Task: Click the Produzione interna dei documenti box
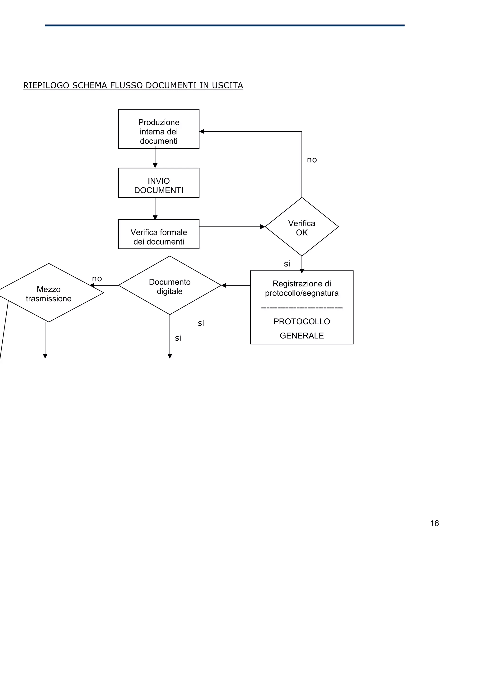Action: click(159, 129)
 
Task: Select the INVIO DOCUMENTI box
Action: click(159, 183)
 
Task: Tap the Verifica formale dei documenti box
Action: click(159, 234)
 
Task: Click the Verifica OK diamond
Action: click(301, 227)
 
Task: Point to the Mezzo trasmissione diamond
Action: click(49, 293)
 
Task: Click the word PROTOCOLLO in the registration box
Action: click(301, 321)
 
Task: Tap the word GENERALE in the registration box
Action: click(301, 335)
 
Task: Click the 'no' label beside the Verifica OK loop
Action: click(312, 160)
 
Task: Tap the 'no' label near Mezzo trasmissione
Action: click(97, 278)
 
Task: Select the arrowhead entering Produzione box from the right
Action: click(202, 131)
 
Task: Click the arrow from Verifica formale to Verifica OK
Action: click(232, 227)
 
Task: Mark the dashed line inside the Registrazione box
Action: click(301, 308)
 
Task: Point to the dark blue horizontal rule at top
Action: click(225, 25)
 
